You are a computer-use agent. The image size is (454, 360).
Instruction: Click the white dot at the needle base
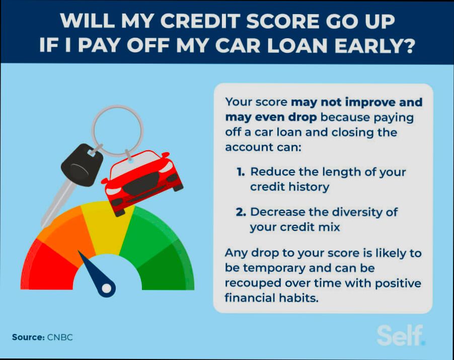coord(107,288)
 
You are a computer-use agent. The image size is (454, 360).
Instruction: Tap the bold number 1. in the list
coord(241,172)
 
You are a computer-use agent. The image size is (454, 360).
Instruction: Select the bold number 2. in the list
coord(242,212)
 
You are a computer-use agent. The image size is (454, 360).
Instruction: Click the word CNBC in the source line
coord(60,337)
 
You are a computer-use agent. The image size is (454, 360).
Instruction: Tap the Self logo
coord(401,335)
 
